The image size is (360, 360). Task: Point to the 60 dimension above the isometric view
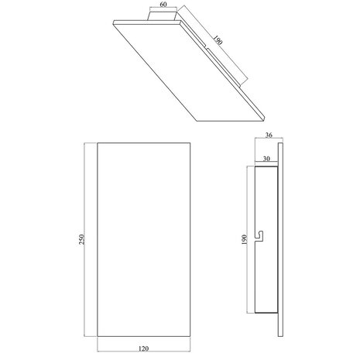tap(163, 5)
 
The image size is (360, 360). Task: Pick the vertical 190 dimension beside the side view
tap(245, 240)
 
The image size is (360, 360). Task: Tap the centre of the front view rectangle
tap(144, 240)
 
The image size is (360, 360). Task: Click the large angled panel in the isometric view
tap(186, 70)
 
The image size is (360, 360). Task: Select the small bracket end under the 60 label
tap(163, 16)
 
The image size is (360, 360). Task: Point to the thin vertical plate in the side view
tap(281, 240)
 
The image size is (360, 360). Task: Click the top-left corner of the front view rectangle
tap(98, 142)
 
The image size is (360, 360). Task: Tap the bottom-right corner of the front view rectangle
tap(190, 338)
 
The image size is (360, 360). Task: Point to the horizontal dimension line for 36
tap(268, 140)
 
